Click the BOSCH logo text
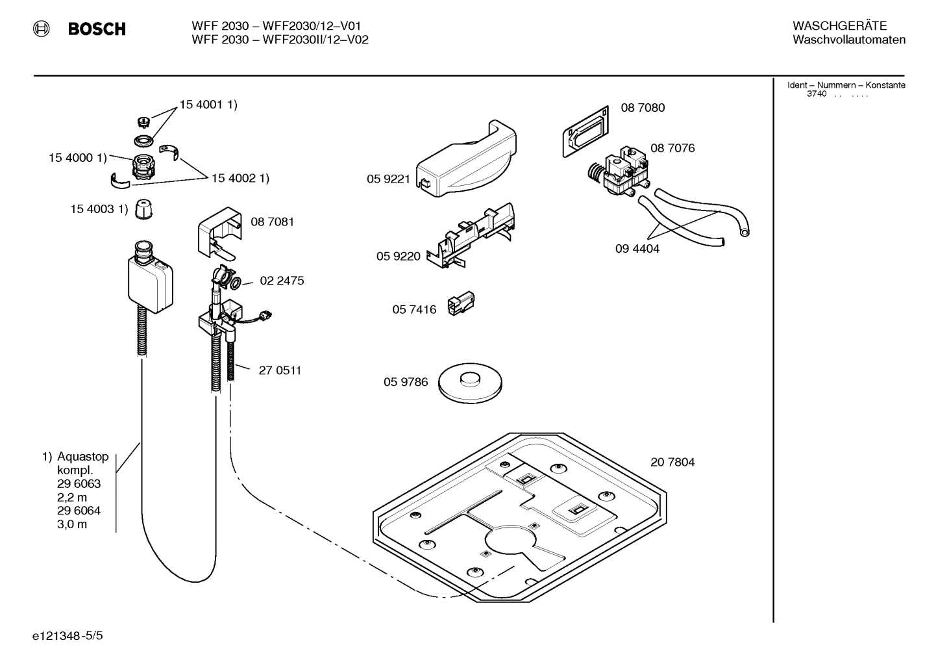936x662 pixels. coord(97,29)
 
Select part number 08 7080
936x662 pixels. coord(643,108)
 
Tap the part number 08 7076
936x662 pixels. coord(672,148)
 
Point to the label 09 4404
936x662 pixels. coord(637,249)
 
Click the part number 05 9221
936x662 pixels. coord(388,179)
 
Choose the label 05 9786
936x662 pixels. coord(406,382)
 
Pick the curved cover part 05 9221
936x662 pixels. coord(466,160)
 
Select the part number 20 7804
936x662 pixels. coord(672,463)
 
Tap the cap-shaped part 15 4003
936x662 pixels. coord(143,210)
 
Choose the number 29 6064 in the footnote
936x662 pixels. coord(79,511)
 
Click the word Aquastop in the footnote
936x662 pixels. coord(82,457)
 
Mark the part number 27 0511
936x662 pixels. coord(280,371)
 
